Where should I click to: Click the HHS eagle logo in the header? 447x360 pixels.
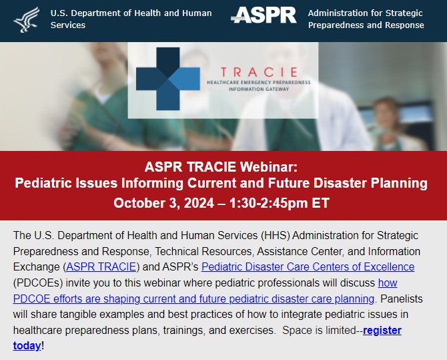[x=25, y=19]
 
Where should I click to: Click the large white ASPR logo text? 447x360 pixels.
[x=264, y=17]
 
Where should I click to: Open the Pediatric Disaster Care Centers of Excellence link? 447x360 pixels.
[x=308, y=267]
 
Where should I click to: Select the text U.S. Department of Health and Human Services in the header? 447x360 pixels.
[x=131, y=19]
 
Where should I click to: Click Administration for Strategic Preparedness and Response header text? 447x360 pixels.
[x=366, y=19]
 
